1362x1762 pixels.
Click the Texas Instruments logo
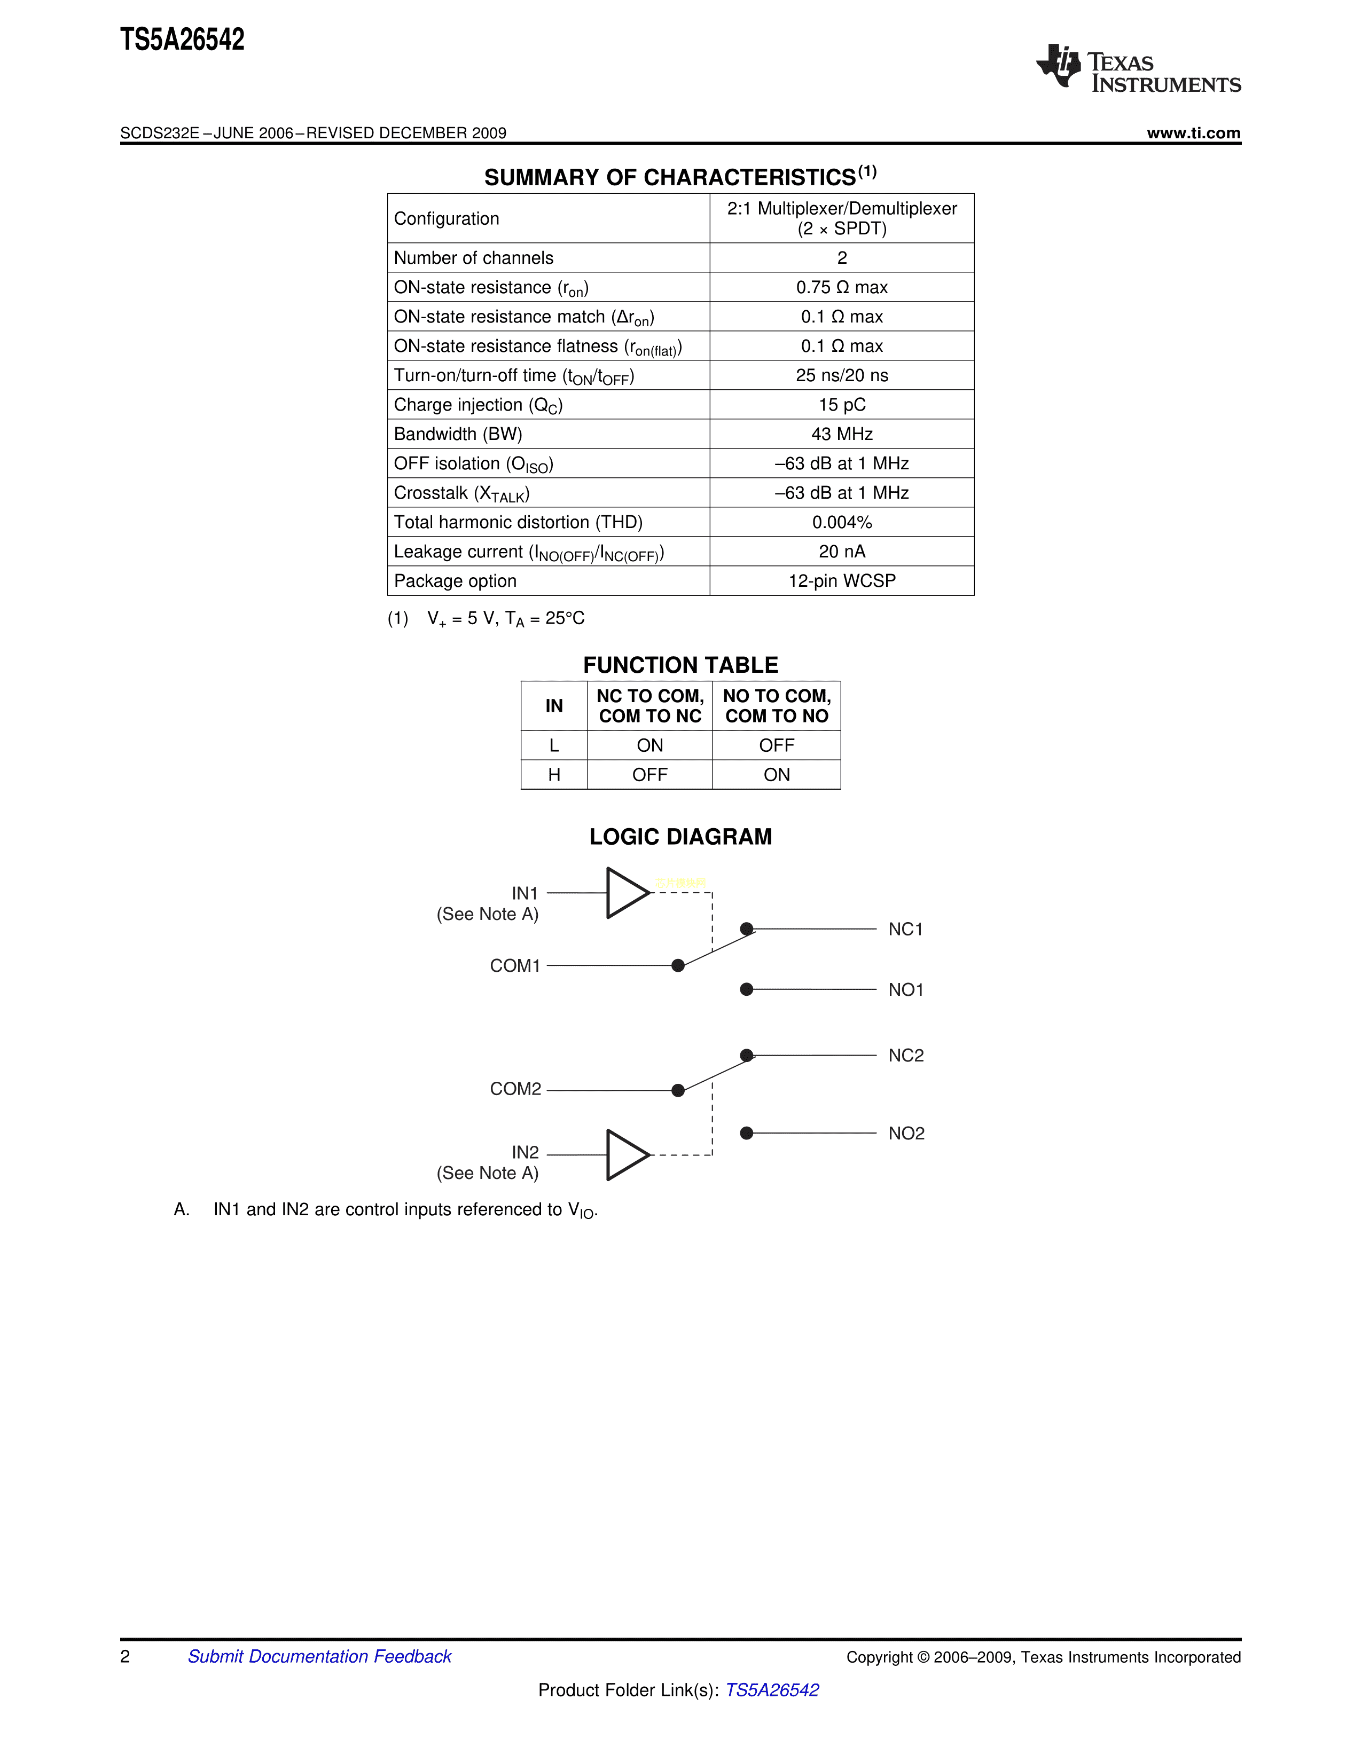click(1138, 68)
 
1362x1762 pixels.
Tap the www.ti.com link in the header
click(1193, 133)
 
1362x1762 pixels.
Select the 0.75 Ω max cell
click(842, 287)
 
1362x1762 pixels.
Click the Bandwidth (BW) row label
click(458, 434)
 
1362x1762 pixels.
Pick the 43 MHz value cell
click(842, 434)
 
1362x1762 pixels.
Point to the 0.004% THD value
click(842, 522)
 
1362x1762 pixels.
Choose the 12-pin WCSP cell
click(842, 581)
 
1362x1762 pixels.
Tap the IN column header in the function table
click(553, 706)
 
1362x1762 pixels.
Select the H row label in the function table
click(553, 775)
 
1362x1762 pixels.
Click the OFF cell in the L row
click(776, 745)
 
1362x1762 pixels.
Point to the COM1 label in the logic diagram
click(515, 966)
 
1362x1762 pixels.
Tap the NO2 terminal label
click(906, 1134)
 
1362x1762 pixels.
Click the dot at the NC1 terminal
click(746, 929)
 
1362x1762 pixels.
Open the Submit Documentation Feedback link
click(319, 1656)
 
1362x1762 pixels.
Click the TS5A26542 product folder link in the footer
click(772, 1690)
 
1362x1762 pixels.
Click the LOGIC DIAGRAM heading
click(680, 837)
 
